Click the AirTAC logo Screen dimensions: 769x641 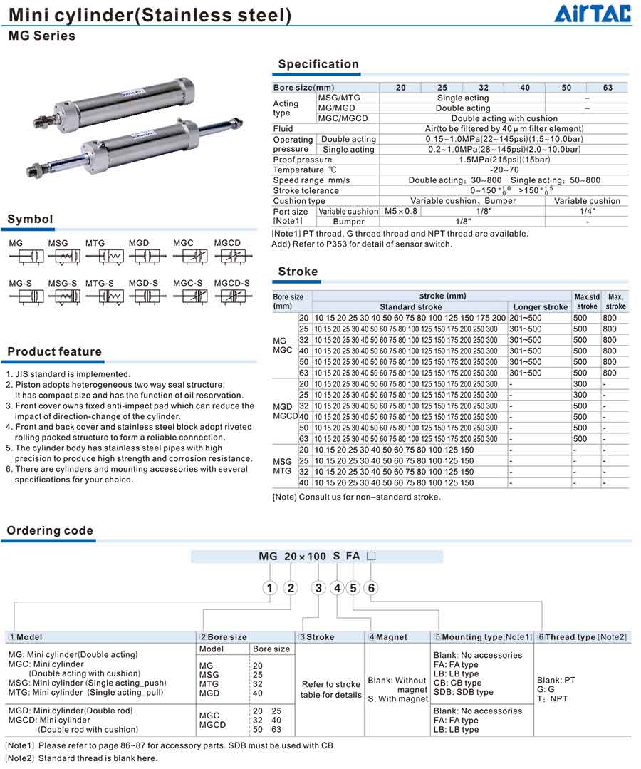click(x=592, y=14)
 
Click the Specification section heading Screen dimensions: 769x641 click(x=318, y=64)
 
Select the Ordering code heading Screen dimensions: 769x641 click(x=50, y=530)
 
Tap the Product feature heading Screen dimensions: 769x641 click(x=55, y=351)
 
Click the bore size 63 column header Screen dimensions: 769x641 click(x=608, y=88)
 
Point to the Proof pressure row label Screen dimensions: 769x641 click(x=303, y=160)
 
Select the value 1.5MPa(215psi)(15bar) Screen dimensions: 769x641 click(x=504, y=160)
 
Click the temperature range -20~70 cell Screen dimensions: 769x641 click(x=504, y=170)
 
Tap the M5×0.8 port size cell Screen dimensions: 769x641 click(x=401, y=212)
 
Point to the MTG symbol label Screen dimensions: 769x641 click(x=95, y=243)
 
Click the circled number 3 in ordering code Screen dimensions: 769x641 click(x=318, y=588)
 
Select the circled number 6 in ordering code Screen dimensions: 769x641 click(x=370, y=588)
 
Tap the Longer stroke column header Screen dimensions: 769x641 click(x=541, y=307)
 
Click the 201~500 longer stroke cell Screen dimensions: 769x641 click(x=525, y=318)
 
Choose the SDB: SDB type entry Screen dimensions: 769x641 click(x=463, y=692)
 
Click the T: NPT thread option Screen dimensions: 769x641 click(x=553, y=698)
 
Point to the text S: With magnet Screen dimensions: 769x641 click(x=398, y=699)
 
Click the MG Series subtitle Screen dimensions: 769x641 click(x=41, y=36)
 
